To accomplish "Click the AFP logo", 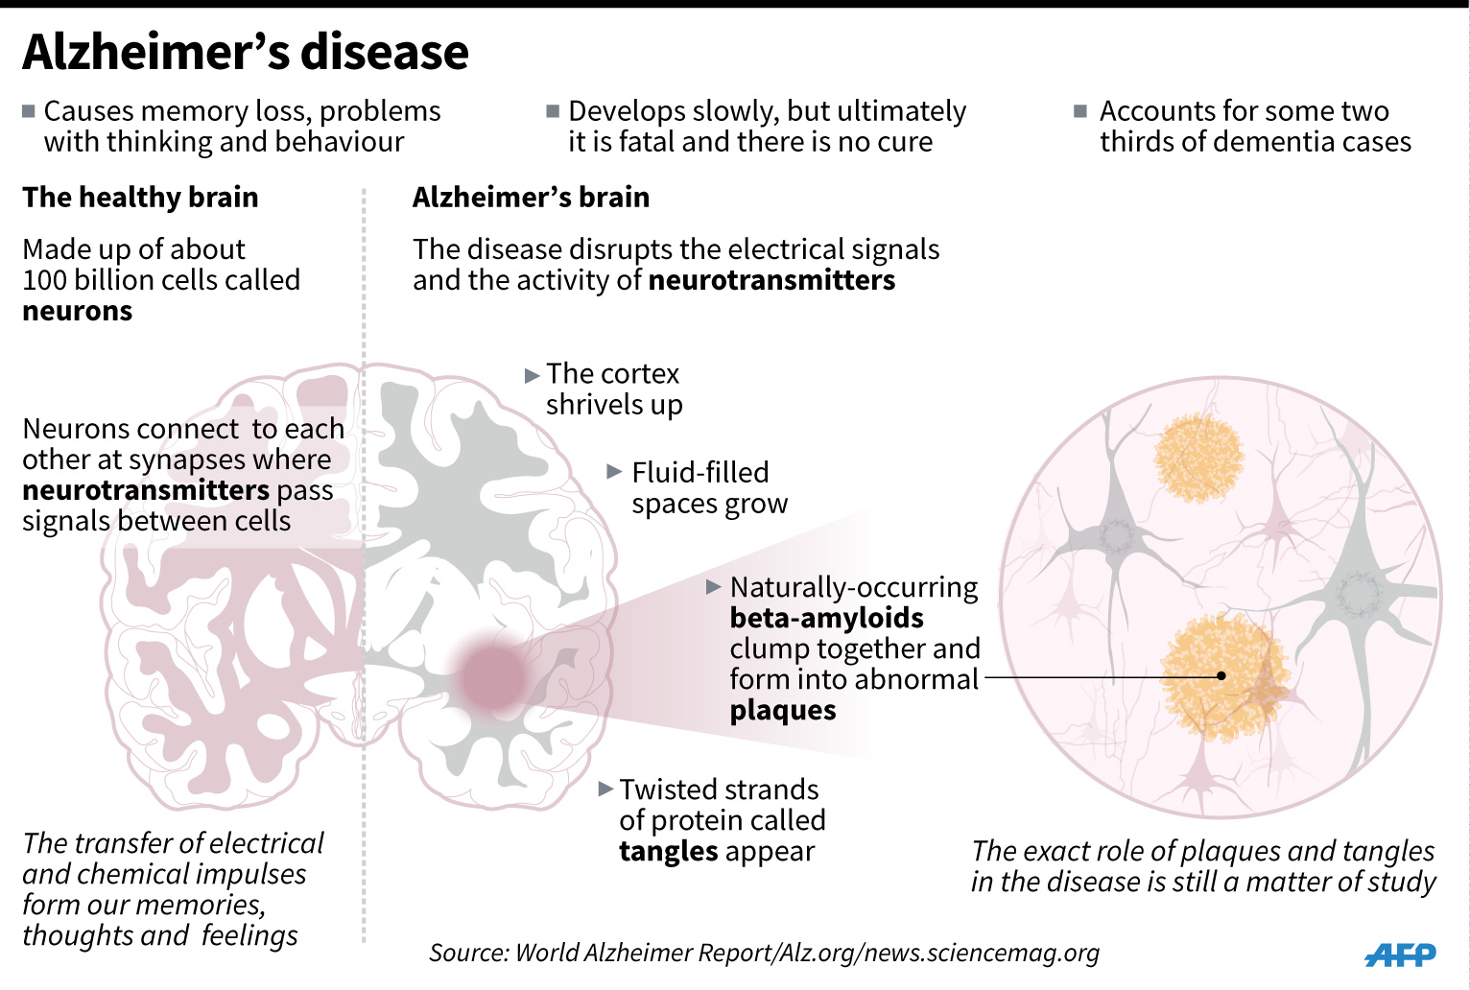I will (x=1400, y=955).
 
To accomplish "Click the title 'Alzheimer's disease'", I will (x=246, y=52).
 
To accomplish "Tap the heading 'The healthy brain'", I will (x=140, y=198).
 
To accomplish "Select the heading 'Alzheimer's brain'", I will (x=531, y=198).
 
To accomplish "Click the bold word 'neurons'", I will (x=78, y=312).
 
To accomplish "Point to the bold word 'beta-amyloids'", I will (x=826, y=618).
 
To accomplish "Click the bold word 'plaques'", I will (x=783, y=711).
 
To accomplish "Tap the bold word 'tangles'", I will (x=668, y=852).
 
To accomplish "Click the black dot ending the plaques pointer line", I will (x=1221, y=676).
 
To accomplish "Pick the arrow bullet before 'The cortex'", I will (x=533, y=376).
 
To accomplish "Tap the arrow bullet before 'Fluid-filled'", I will (x=615, y=472).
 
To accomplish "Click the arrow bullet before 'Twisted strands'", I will (x=605, y=789).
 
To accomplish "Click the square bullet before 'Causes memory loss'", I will (x=29, y=111).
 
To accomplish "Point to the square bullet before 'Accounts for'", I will (x=1080, y=111).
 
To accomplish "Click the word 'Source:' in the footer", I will (x=467, y=954).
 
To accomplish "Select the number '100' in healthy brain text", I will (x=44, y=280).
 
